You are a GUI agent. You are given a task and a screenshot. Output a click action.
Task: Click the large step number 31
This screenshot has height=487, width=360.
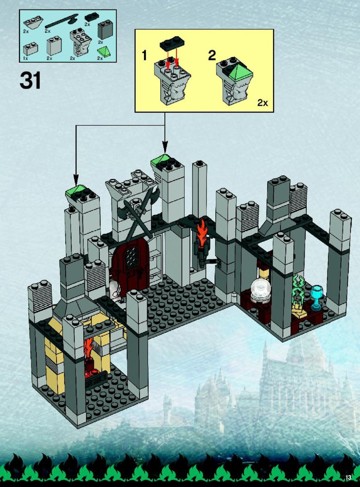(x=30, y=80)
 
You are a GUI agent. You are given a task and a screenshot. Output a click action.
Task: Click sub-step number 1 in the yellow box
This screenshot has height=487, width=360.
(x=144, y=56)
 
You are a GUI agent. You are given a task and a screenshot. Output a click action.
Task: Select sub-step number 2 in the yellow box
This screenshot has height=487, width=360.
(x=211, y=56)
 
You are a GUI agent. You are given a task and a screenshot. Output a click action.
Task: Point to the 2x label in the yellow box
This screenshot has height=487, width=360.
(x=263, y=103)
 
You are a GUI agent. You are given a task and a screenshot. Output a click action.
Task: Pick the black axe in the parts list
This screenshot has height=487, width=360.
(x=62, y=22)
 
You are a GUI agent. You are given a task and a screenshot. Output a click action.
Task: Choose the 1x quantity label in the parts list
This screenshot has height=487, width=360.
(x=26, y=58)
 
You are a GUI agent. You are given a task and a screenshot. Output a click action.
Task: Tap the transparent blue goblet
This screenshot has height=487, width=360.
(x=316, y=297)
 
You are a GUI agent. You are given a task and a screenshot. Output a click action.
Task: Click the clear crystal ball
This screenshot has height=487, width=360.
(x=259, y=290)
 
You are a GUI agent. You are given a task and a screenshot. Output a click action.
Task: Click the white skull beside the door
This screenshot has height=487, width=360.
(x=115, y=290)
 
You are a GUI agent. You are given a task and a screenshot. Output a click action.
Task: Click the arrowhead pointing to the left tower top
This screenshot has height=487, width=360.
(x=76, y=179)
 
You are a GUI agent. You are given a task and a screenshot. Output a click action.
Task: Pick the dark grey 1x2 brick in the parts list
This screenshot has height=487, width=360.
(x=105, y=30)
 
